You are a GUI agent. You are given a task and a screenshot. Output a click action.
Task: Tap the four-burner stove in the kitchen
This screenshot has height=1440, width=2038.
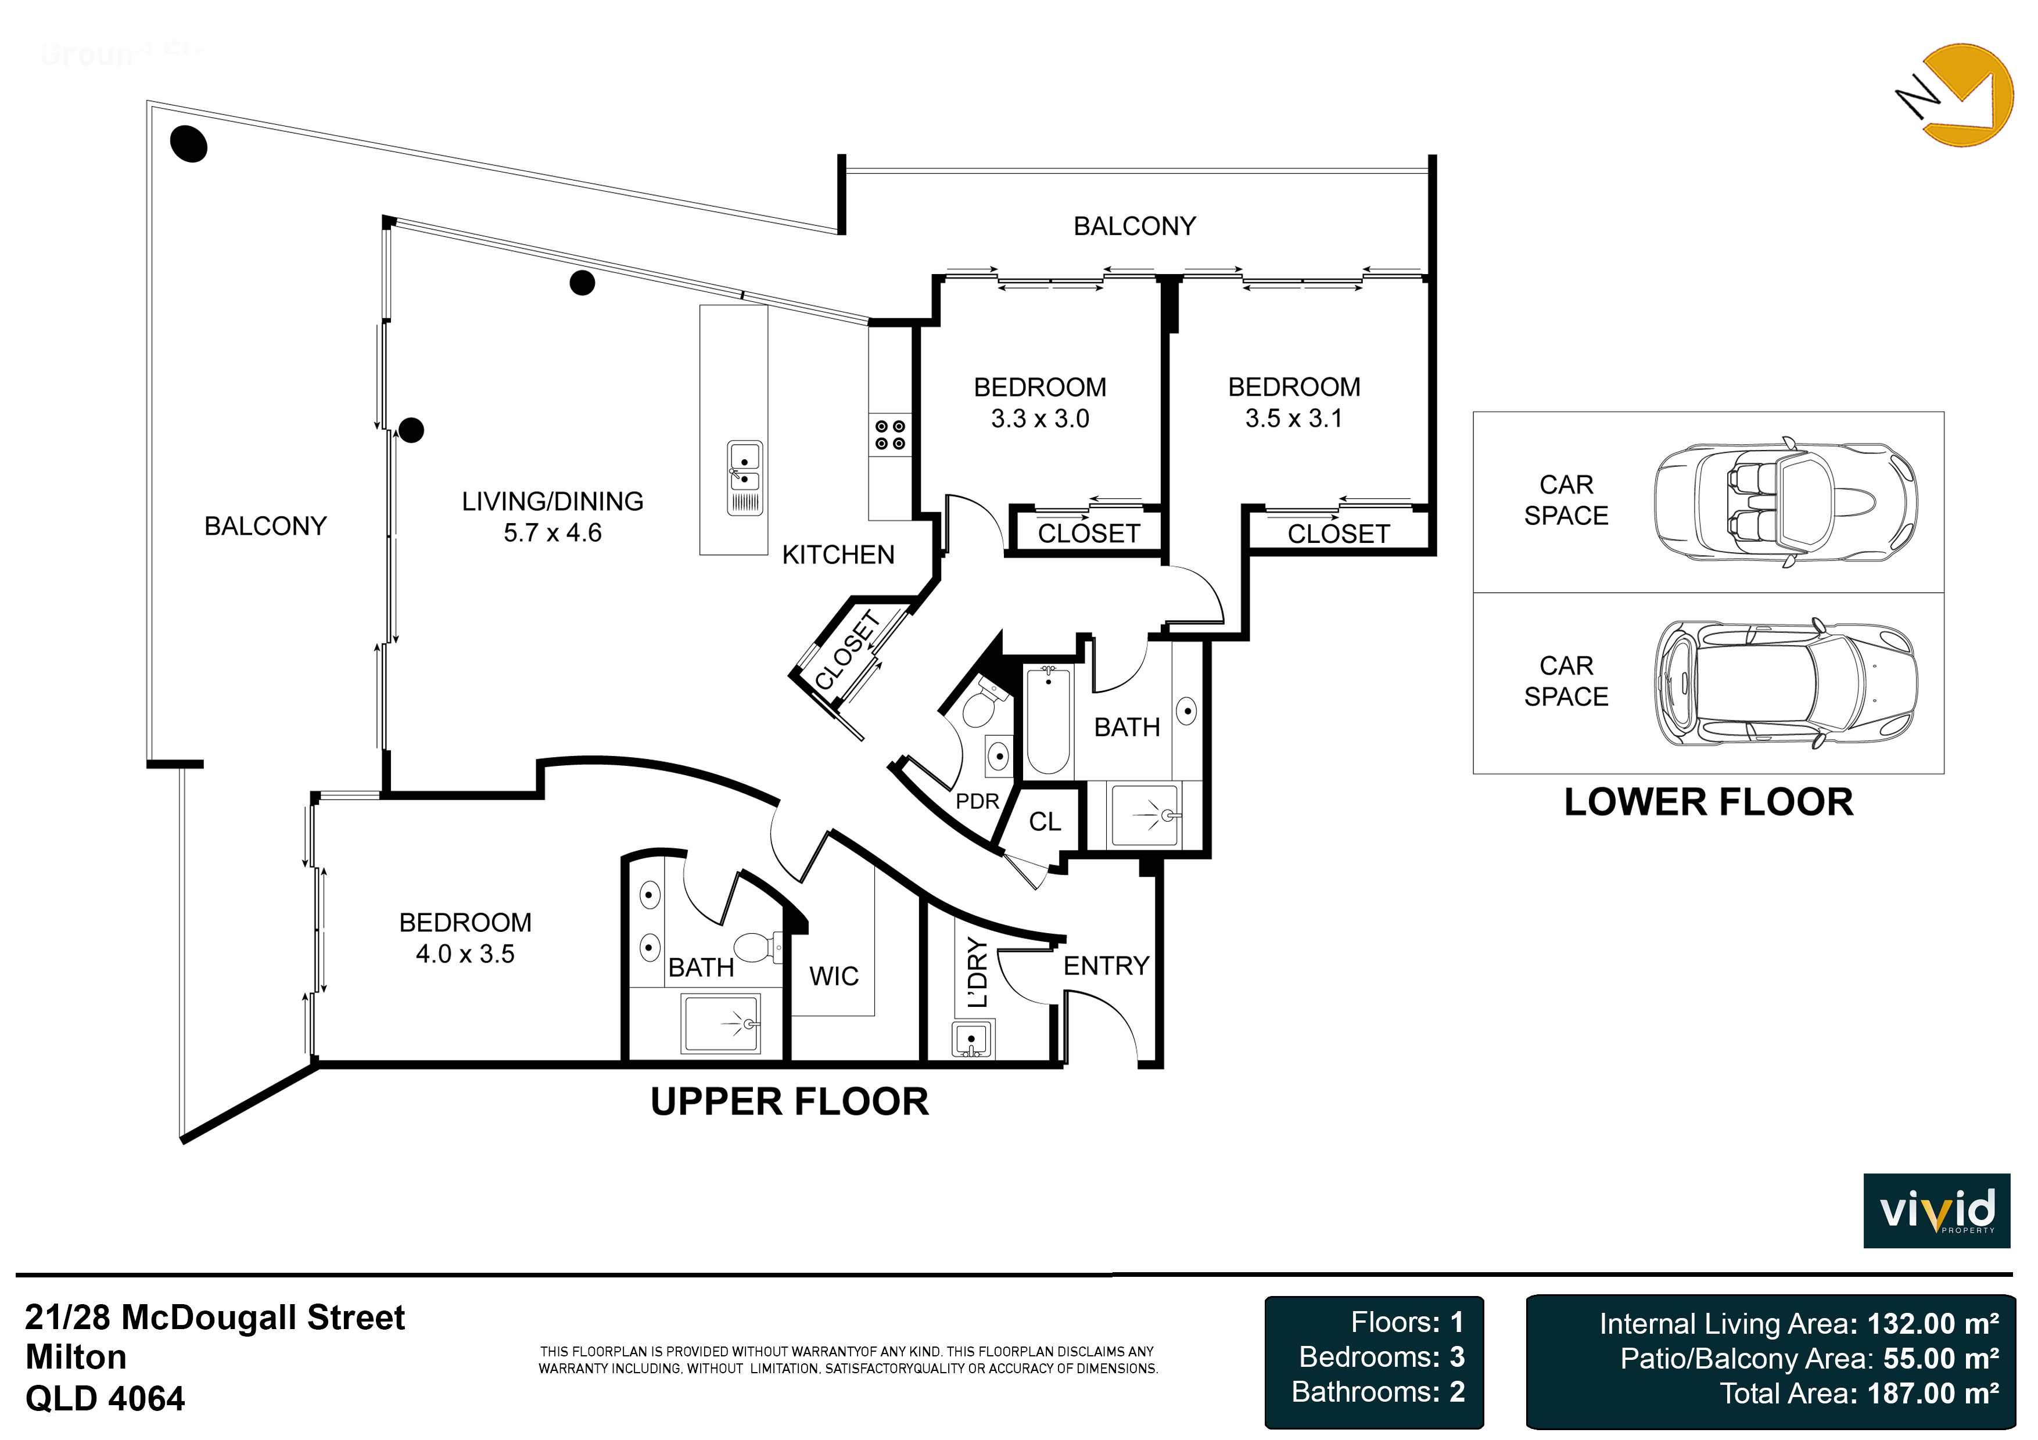click(890, 435)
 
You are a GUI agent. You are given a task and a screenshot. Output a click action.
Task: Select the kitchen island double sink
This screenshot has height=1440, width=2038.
click(745, 478)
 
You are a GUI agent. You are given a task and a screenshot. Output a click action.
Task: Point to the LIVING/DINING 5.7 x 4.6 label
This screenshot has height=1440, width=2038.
click(552, 516)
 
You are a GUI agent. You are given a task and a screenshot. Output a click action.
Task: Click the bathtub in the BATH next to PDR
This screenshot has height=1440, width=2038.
click(1048, 721)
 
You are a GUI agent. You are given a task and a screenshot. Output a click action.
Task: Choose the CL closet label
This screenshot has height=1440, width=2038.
click(1045, 822)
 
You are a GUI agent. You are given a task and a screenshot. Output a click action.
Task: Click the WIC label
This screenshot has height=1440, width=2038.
click(834, 976)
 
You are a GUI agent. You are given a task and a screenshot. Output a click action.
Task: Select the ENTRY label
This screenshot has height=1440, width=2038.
click(1106, 966)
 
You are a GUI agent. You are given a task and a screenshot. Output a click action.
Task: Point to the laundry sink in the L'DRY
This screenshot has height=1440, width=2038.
click(973, 1038)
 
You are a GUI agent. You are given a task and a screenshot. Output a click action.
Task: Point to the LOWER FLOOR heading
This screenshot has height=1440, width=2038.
click(1708, 802)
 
